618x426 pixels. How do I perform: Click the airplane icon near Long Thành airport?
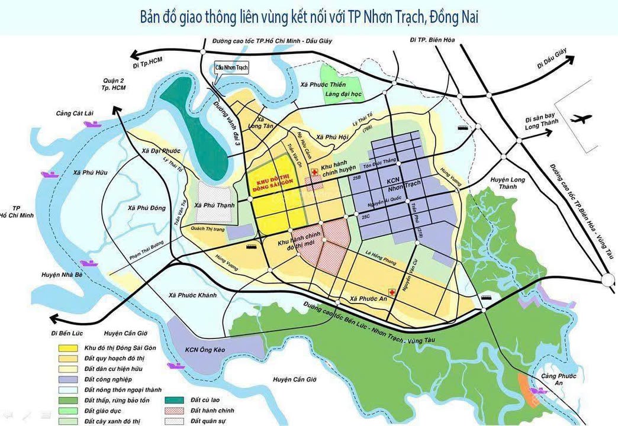[582, 120]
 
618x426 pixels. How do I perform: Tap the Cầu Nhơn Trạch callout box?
[231, 68]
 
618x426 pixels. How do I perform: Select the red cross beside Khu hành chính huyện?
[315, 170]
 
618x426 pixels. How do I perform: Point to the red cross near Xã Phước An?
[391, 292]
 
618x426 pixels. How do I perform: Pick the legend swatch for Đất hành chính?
[178, 410]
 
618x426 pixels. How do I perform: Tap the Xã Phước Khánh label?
[192, 295]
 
